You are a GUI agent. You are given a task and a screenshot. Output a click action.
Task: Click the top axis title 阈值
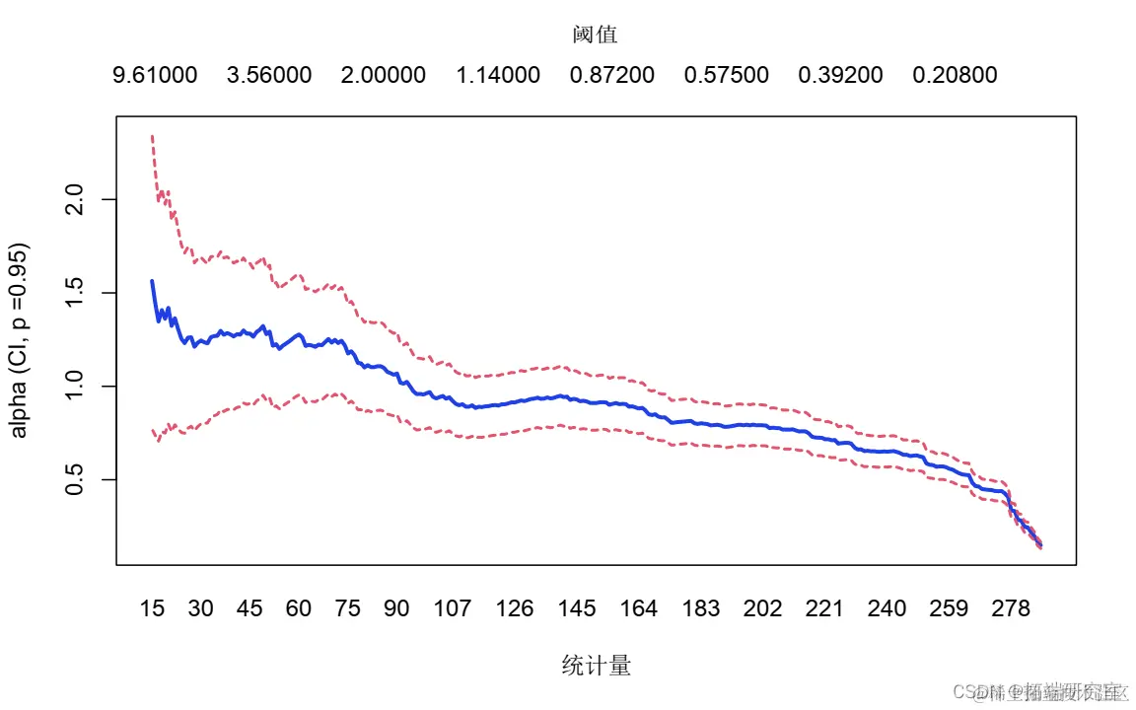tap(596, 35)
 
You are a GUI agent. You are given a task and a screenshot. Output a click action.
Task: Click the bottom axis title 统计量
tap(596, 667)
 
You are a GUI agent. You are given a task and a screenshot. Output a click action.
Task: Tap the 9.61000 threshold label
tap(156, 76)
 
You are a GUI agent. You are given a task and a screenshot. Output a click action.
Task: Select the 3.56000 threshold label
tap(269, 76)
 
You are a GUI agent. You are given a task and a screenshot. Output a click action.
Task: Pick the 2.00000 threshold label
tap(384, 76)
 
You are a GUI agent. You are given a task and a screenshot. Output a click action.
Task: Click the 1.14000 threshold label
tap(498, 76)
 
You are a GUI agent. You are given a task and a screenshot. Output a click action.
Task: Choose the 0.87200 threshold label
tap(612, 76)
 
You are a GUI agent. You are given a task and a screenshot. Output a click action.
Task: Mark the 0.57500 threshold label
tap(727, 76)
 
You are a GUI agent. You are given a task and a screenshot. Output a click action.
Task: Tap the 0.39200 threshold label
tap(841, 76)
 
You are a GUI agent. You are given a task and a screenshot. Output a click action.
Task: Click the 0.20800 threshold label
tap(955, 76)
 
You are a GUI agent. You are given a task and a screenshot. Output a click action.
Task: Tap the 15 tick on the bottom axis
tap(152, 609)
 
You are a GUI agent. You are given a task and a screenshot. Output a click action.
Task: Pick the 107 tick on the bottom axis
tap(453, 609)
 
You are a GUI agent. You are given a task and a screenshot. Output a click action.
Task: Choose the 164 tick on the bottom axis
tap(639, 609)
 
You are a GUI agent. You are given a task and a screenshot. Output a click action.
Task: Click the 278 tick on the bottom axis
tap(1012, 609)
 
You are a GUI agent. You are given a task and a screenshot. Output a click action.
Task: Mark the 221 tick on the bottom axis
tap(825, 609)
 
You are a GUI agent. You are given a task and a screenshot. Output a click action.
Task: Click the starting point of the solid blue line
tap(152, 281)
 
